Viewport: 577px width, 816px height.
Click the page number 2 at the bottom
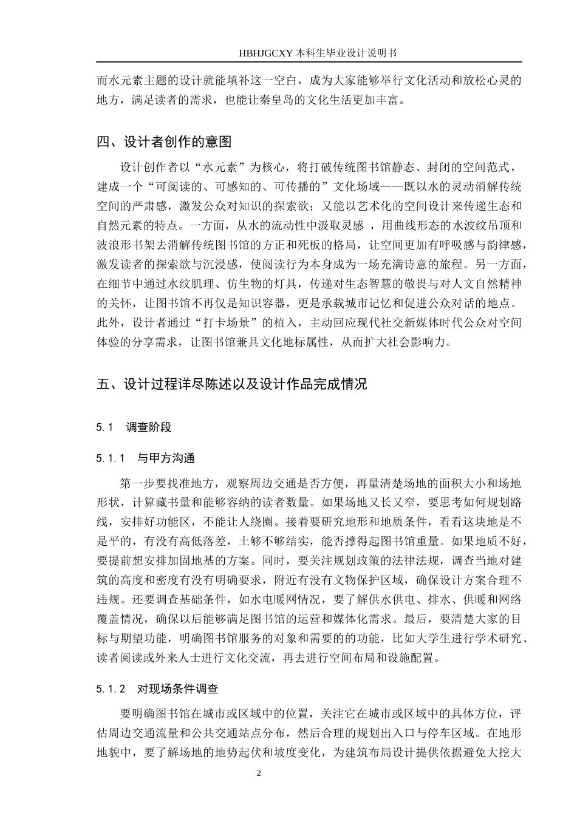[259, 773]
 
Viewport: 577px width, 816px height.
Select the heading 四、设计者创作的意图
[165, 142]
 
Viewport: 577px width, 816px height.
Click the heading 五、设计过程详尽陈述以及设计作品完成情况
[232, 384]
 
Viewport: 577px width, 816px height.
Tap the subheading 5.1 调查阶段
[134, 427]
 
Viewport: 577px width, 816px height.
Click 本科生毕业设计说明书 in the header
[347, 53]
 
